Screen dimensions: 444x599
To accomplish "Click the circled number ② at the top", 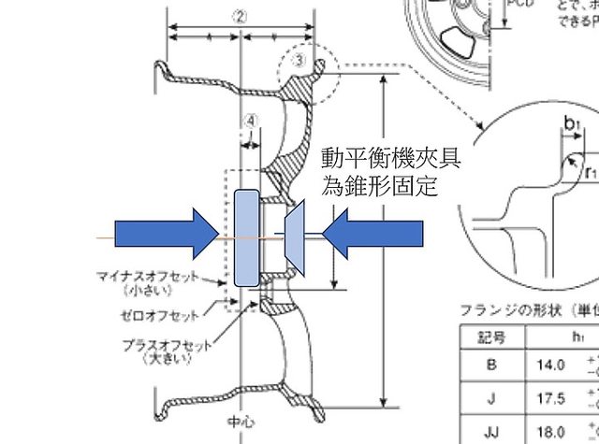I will (241, 16).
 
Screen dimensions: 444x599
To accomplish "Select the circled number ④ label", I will (250, 120).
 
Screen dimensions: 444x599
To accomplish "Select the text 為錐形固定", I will (379, 184).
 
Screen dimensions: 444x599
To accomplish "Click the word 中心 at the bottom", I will (241, 421).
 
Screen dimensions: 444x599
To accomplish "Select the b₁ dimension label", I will (571, 122).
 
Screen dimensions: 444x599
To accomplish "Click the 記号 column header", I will (490, 335).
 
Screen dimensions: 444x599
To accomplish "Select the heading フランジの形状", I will (506, 308).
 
